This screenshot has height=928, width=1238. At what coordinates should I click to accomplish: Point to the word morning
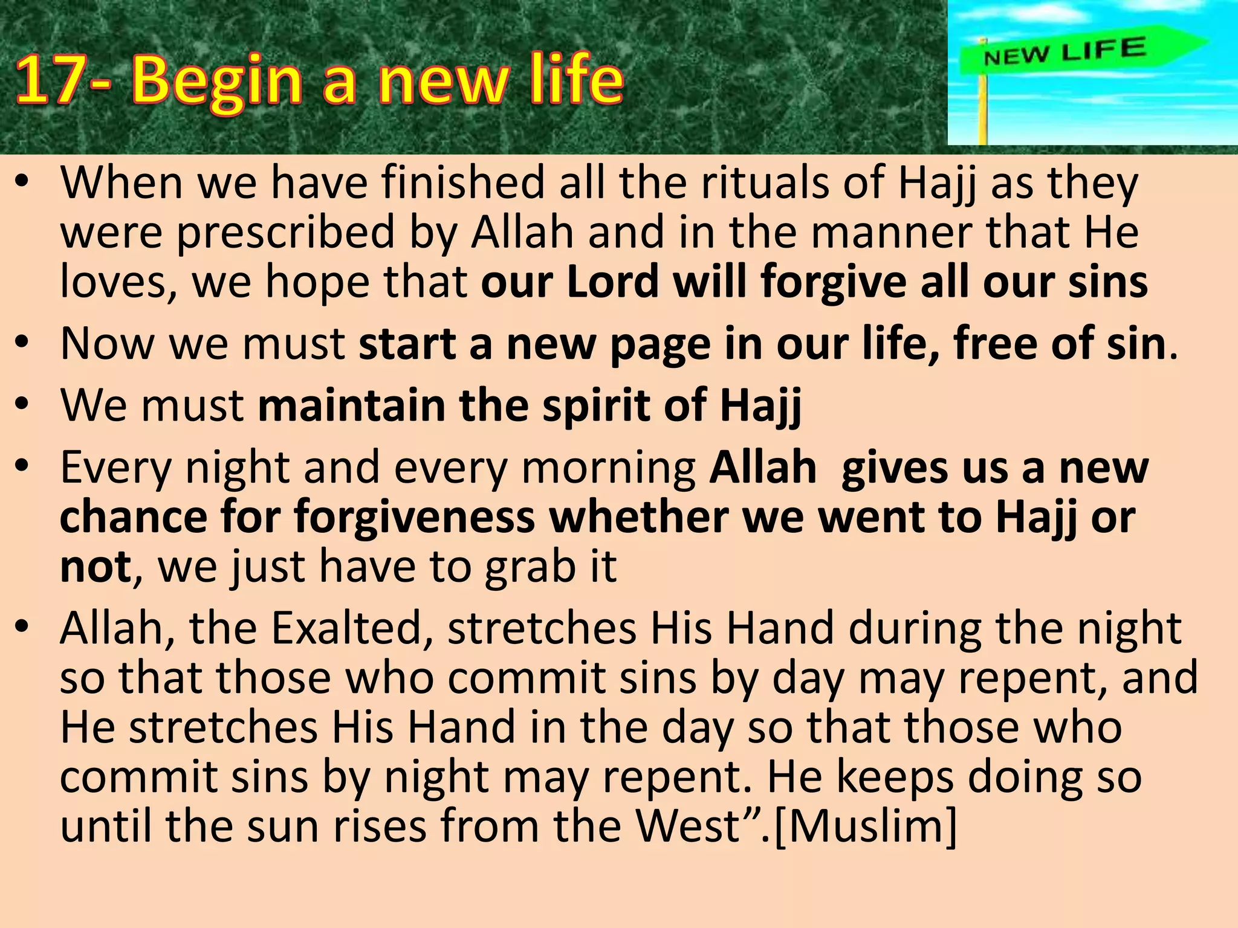608,468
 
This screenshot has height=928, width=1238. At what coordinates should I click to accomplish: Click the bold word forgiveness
414,518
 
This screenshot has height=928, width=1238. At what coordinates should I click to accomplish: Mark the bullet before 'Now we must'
23,344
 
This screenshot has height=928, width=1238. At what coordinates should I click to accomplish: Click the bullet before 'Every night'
23,466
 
